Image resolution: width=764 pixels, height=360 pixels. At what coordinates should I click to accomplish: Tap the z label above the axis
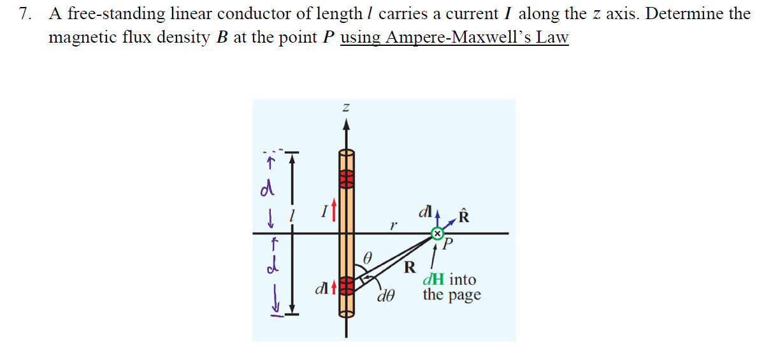pos(346,110)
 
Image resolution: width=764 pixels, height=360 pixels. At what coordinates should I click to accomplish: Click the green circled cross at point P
pos(436,234)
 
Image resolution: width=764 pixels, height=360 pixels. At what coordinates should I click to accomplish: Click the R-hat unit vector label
pos(463,216)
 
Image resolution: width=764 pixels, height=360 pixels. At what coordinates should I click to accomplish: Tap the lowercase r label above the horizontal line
pos(394,225)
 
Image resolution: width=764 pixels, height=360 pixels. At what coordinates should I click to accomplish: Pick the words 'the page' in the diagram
pos(452,295)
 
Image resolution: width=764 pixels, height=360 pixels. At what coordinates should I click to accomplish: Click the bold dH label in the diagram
pos(435,280)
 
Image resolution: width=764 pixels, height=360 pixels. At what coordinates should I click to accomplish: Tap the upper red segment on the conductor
pos(346,179)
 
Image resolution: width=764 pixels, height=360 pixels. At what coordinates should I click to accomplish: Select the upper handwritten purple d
pos(270,189)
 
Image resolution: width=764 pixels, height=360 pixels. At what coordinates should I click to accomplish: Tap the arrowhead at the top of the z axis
pos(346,126)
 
